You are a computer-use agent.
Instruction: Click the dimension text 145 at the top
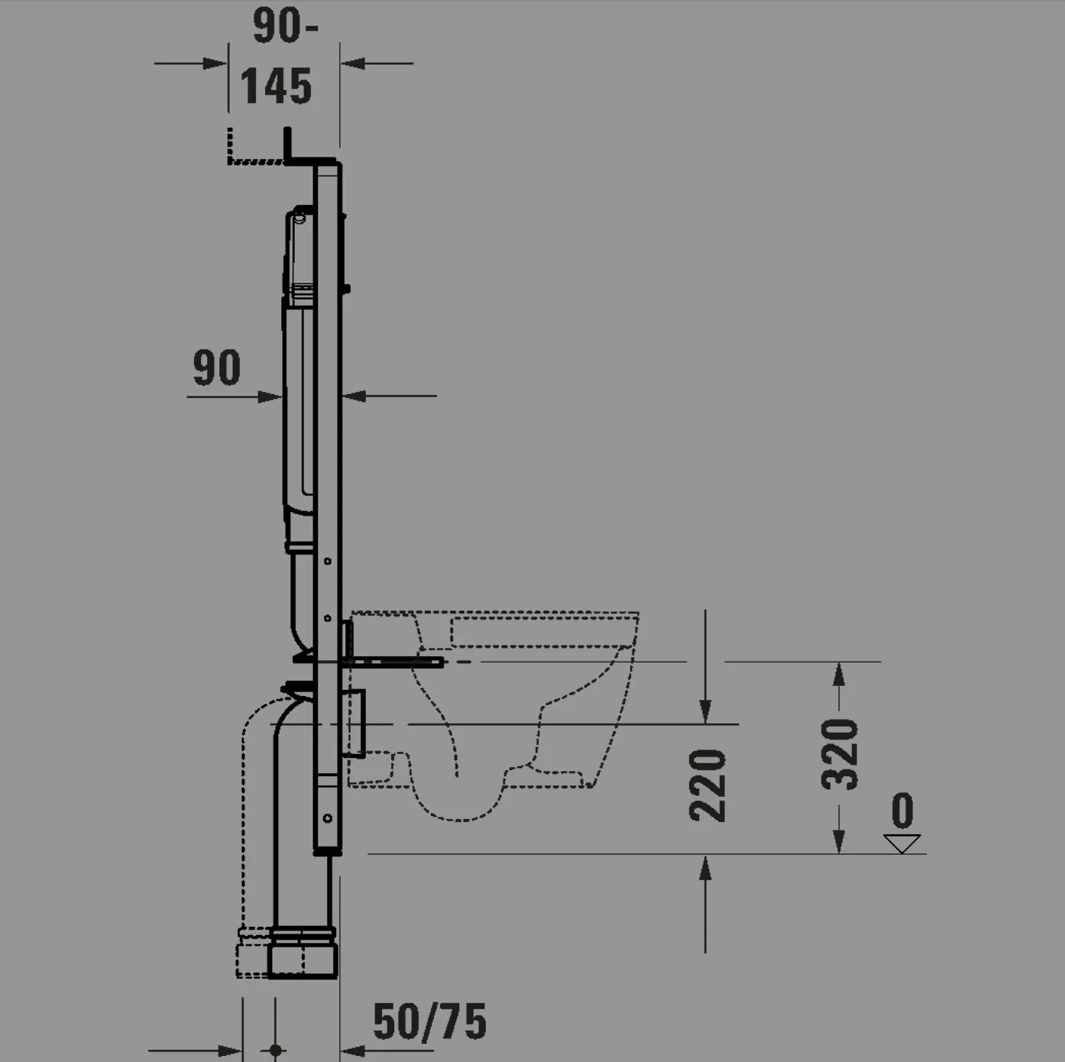coord(276,86)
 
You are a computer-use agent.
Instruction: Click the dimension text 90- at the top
coord(284,26)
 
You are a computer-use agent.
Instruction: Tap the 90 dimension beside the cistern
coord(216,367)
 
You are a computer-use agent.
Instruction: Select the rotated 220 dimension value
coord(707,785)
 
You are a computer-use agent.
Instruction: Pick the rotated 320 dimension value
coord(840,753)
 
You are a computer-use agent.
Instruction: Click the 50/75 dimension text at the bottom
coord(429,1022)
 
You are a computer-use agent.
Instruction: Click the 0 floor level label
coord(902,811)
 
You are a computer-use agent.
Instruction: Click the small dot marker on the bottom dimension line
coord(276,1051)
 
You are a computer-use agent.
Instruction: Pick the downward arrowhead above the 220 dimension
coord(705,712)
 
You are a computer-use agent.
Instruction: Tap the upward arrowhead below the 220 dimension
coord(705,866)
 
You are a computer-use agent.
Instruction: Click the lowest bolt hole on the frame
coord(327,818)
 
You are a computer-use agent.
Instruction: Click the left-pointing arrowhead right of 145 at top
coord(352,63)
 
